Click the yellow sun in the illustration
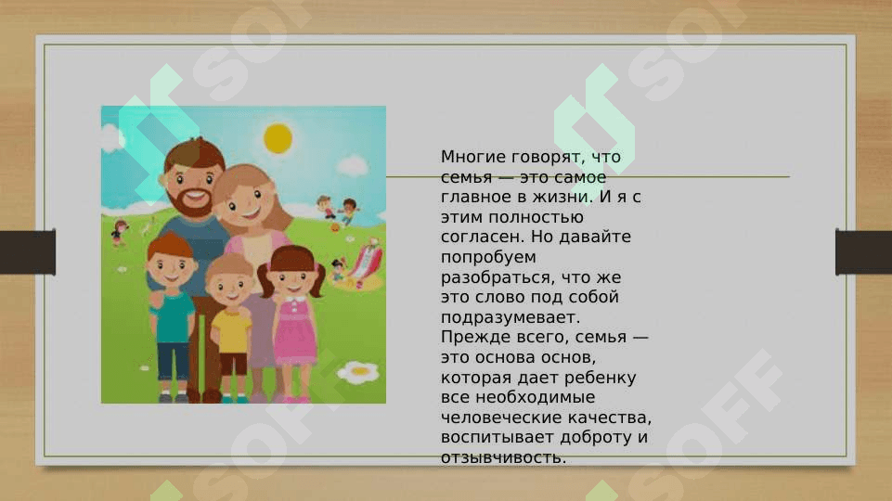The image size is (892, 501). point(278,138)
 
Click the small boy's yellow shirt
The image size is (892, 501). point(231,331)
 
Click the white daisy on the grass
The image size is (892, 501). point(358,372)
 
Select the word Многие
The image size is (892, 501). point(473,157)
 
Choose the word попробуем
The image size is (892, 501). point(488,258)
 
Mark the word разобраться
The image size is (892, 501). point(498,278)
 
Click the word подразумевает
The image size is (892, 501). point(511,317)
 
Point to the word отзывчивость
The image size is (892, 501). point(503,457)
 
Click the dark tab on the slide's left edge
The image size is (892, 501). point(28,252)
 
